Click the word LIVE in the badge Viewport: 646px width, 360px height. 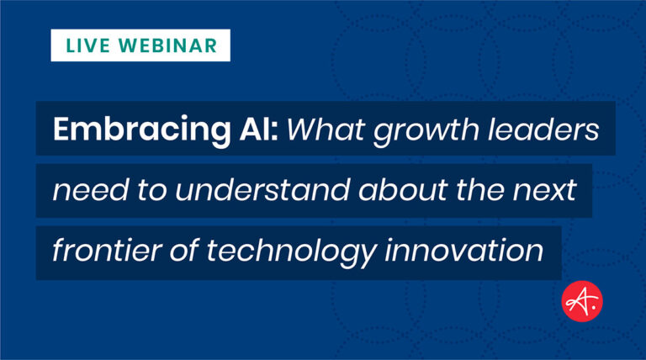pyautogui.click(x=87, y=45)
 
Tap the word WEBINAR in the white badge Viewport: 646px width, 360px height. pyautogui.click(x=168, y=45)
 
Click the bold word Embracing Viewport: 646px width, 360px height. pyautogui.click(x=141, y=130)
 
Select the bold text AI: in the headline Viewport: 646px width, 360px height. pyautogui.click(x=259, y=129)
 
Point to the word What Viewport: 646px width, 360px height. pyautogui.click(x=326, y=130)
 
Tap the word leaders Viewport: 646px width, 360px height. pyautogui.click(x=543, y=130)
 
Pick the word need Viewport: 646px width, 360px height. pyautogui.click(x=91, y=190)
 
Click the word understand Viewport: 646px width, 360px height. pyautogui.click(x=262, y=190)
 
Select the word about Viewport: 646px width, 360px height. pyautogui.click(x=403, y=190)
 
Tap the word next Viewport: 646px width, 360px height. pyautogui.click(x=544, y=191)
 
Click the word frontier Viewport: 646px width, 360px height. pyautogui.click(x=107, y=251)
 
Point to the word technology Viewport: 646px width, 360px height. pyautogui.click(x=291, y=253)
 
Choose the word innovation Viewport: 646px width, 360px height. pyautogui.click(x=464, y=251)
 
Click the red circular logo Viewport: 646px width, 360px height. pyautogui.click(x=582, y=301)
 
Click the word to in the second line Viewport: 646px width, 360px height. pyautogui.click(x=152, y=191)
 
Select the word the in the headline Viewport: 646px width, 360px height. pyautogui.click(x=480, y=190)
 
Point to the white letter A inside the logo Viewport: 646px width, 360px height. pyautogui.click(x=579, y=301)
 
